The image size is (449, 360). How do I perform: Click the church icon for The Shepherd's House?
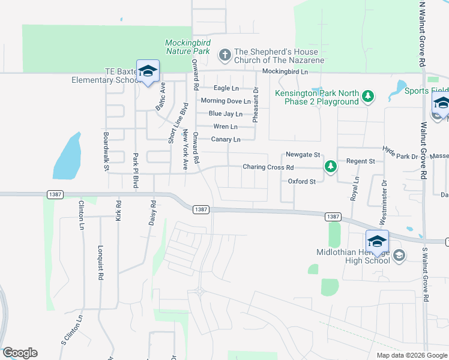pos(224,56)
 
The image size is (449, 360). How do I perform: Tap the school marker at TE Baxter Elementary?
pos(148,72)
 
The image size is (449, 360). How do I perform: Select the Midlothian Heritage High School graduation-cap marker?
pos(378,241)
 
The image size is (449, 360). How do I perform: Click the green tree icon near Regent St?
pos(330,166)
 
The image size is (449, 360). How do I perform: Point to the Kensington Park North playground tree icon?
pos(368,96)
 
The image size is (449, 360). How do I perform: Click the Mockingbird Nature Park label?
pos(187,47)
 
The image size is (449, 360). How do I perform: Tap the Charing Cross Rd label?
pos(268,167)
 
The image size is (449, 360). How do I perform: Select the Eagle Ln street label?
pos(226,88)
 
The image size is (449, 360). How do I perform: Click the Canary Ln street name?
pos(226,140)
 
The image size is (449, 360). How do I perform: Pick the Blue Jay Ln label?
pos(226,114)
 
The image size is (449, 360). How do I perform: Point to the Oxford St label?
pos(301,181)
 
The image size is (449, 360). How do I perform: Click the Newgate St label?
pos(303,154)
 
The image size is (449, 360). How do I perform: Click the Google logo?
pos(20,353)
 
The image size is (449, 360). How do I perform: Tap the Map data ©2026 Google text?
pos(411,355)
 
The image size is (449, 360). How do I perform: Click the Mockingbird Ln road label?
pos(285,71)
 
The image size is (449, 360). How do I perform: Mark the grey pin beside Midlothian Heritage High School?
pos(399,256)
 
